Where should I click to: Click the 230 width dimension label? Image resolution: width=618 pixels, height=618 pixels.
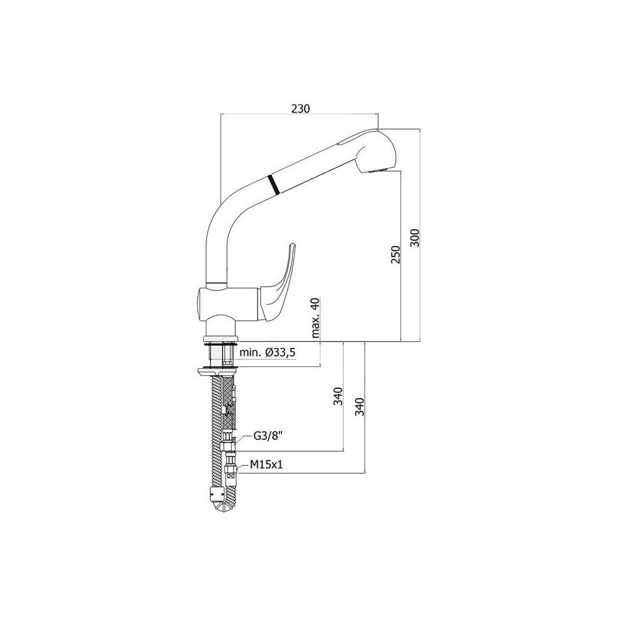pyautogui.click(x=300, y=108)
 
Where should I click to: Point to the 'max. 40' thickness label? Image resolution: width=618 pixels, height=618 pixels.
pyautogui.click(x=316, y=318)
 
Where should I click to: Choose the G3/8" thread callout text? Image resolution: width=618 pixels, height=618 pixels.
pyautogui.click(x=268, y=436)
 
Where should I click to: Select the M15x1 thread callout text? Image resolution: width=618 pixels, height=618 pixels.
pyautogui.click(x=266, y=465)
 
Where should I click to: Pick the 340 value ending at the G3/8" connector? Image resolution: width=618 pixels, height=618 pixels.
pyautogui.click(x=337, y=396)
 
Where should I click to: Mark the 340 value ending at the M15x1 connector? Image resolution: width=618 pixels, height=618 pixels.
pyautogui.click(x=361, y=406)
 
